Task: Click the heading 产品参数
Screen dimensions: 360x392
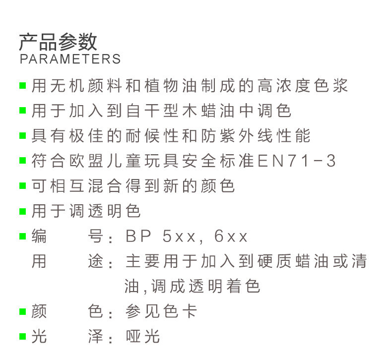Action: [x=58, y=42]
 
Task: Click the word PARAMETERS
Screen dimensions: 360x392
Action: [x=70, y=59]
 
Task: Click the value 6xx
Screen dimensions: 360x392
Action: [x=231, y=237]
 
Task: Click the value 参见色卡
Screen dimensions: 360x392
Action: [x=161, y=312]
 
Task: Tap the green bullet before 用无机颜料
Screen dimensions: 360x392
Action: [x=22, y=86]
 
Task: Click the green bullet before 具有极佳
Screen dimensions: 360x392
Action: [x=22, y=136]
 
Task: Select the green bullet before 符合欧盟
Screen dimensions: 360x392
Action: [x=22, y=161]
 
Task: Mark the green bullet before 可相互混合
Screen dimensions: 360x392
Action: [x=22, y=186]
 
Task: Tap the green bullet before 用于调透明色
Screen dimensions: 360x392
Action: [x=22, y=211]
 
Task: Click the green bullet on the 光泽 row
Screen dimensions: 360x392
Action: [x=22, y=337]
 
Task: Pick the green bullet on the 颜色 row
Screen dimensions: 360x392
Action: [x=22, y=312]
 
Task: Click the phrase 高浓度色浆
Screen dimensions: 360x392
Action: [x=303, y=85]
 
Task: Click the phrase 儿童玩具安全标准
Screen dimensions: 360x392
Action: [x=181, y=161]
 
